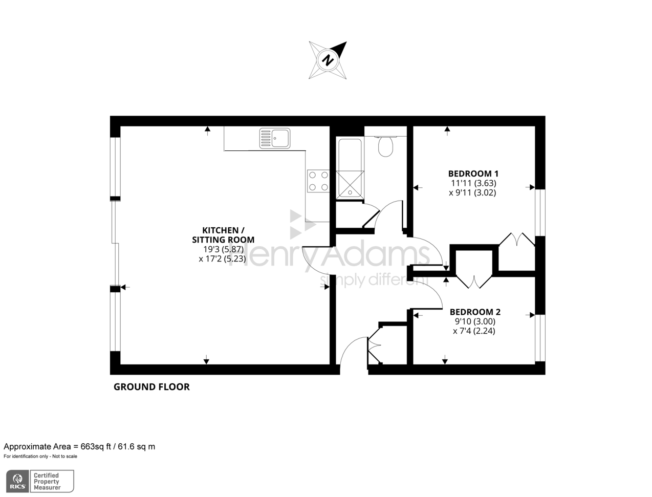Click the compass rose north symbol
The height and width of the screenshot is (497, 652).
coord(328,60)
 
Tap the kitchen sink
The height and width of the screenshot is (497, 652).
coord(275,138)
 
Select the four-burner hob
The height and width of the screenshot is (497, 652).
coord(318,181)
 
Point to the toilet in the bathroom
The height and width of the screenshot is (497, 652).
coord(385,146)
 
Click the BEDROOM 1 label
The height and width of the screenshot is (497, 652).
coord(473,174)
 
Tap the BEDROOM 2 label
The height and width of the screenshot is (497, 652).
coord(474,312)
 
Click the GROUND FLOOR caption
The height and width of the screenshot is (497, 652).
coord(151,387)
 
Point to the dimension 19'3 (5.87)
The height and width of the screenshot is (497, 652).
coord(223,249)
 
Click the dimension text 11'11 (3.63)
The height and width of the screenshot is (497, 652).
coord(473,183)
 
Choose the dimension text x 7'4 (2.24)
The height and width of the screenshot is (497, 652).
coord(474,331)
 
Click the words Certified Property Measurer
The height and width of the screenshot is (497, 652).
coord(47,482)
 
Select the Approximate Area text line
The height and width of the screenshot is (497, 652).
coord(79,446)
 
